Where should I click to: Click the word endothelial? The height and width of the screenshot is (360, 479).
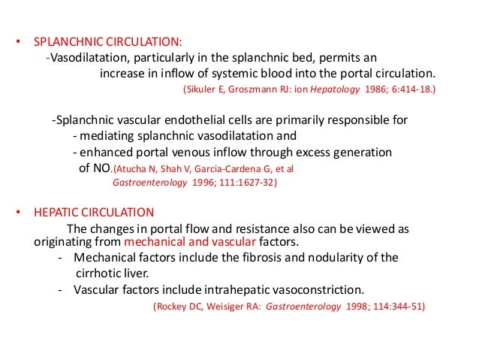[x=209, y=120]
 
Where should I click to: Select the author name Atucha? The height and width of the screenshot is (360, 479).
[x=134, y=168]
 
